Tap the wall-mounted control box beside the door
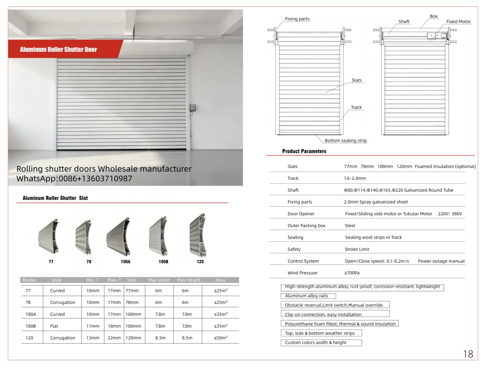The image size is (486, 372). tap(193, 108)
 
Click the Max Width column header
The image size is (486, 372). tap(159, 280)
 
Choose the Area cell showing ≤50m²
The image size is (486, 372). tap(220, 338)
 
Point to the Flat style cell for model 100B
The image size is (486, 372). tap(58, 326)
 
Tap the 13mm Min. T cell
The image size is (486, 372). tap(93, 338)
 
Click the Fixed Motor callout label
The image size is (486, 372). tap(458, 22)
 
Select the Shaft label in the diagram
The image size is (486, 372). tap(404, 22)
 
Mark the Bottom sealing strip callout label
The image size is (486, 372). tap(346, 141)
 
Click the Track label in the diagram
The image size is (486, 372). tap(356, 107)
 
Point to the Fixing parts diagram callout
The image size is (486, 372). tap(297, 19)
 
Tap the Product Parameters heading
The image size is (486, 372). tap(304, 151)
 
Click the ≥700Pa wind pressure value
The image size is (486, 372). tap(352, 273)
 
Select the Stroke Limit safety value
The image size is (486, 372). tap(357, 249)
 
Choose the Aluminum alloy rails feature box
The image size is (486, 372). tap(306, 296)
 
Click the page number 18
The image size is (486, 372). tap(468, 354)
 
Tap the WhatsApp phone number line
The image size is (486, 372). tap(74, 179)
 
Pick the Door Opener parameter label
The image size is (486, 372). tap(301, 214)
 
